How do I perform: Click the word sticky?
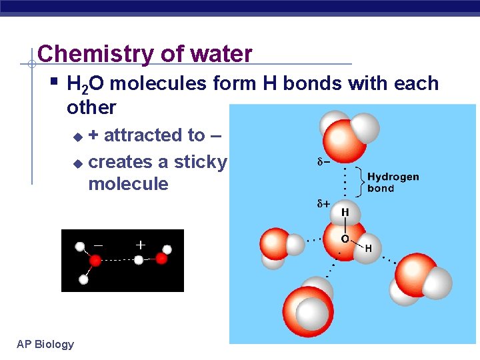coord(201,162)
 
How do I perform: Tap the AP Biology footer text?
coord(45,344)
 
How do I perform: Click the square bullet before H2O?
coord(55,83)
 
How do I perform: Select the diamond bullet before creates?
coord(77,163)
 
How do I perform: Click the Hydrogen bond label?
coord(393,182)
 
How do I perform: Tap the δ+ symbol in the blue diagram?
coord(323,203)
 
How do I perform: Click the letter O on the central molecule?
coord(345,238)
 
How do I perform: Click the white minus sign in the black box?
coord(99,245)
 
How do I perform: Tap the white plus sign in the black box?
coord(140,245)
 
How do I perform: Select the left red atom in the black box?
coord(95,261)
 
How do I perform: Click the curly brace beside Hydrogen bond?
coord(361,182)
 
